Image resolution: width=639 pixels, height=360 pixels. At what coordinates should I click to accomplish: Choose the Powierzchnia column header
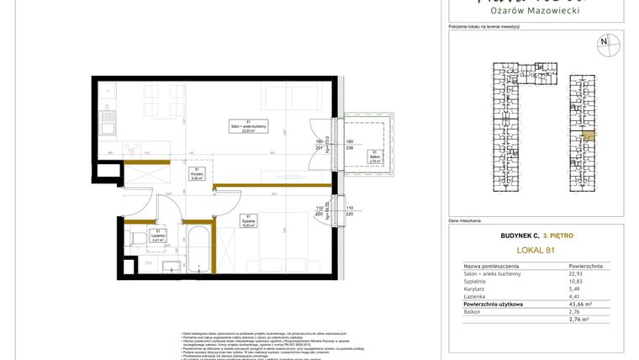pos(586,264)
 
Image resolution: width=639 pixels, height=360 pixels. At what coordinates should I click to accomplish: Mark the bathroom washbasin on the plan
pos(171,267)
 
